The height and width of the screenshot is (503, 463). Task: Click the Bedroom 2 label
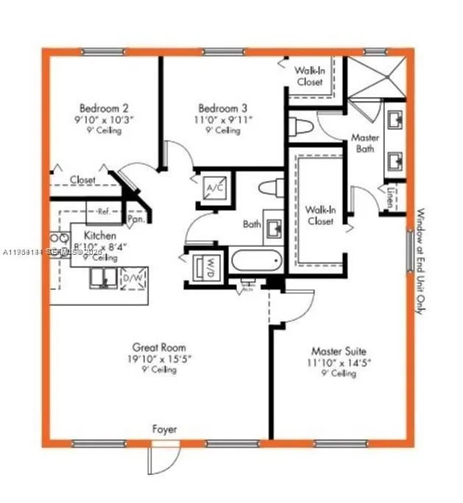click(104, 107)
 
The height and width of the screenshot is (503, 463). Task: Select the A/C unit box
click(214, 189)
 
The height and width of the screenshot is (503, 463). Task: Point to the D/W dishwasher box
click(133, 278)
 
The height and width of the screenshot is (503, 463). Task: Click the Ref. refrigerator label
click(104, 211)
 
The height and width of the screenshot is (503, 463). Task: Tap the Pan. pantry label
click(135, 219)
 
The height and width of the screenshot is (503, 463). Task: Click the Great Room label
click(159, 347)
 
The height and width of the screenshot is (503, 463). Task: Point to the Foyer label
click(164, 429)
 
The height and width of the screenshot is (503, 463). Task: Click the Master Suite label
click(339, 351)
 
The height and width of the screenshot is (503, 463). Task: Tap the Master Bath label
click(364, 143)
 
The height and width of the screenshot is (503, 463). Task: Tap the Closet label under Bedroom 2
click(82, 179)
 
